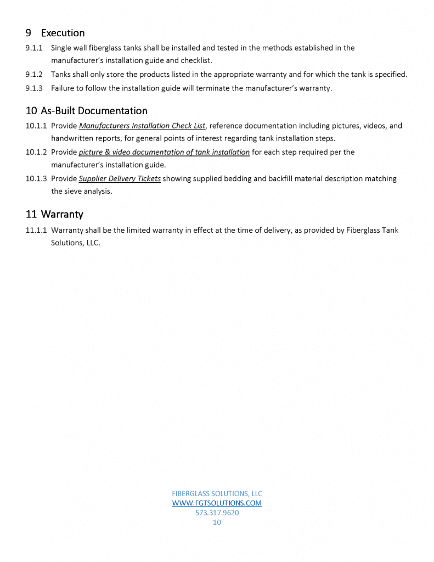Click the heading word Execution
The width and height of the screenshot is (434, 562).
coord(63,33)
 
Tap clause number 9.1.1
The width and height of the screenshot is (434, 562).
coord(34,48)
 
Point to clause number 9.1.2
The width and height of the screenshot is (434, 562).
coord(34,74)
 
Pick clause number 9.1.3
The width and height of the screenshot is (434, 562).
coord(34,88)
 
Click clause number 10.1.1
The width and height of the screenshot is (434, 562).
coord(36,126)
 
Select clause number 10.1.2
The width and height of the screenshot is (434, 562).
coord(36,152)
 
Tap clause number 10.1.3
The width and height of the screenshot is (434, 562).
coord(36,178)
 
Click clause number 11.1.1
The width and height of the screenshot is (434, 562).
coord(36,230)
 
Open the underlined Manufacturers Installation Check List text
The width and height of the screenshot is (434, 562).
coord(142,126)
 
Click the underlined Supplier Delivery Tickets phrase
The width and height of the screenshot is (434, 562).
coord(120,178)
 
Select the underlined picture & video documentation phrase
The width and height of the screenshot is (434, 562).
coord(164,152)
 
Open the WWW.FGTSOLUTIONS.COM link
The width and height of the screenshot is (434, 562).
coord(217,503)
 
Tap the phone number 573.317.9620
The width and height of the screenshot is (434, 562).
coord(217,513)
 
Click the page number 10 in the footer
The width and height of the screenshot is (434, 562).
coord(217,522)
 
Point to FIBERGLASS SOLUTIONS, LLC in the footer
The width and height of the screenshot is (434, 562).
coord(217,493)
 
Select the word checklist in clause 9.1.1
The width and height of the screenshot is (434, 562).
coord(196,60)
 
